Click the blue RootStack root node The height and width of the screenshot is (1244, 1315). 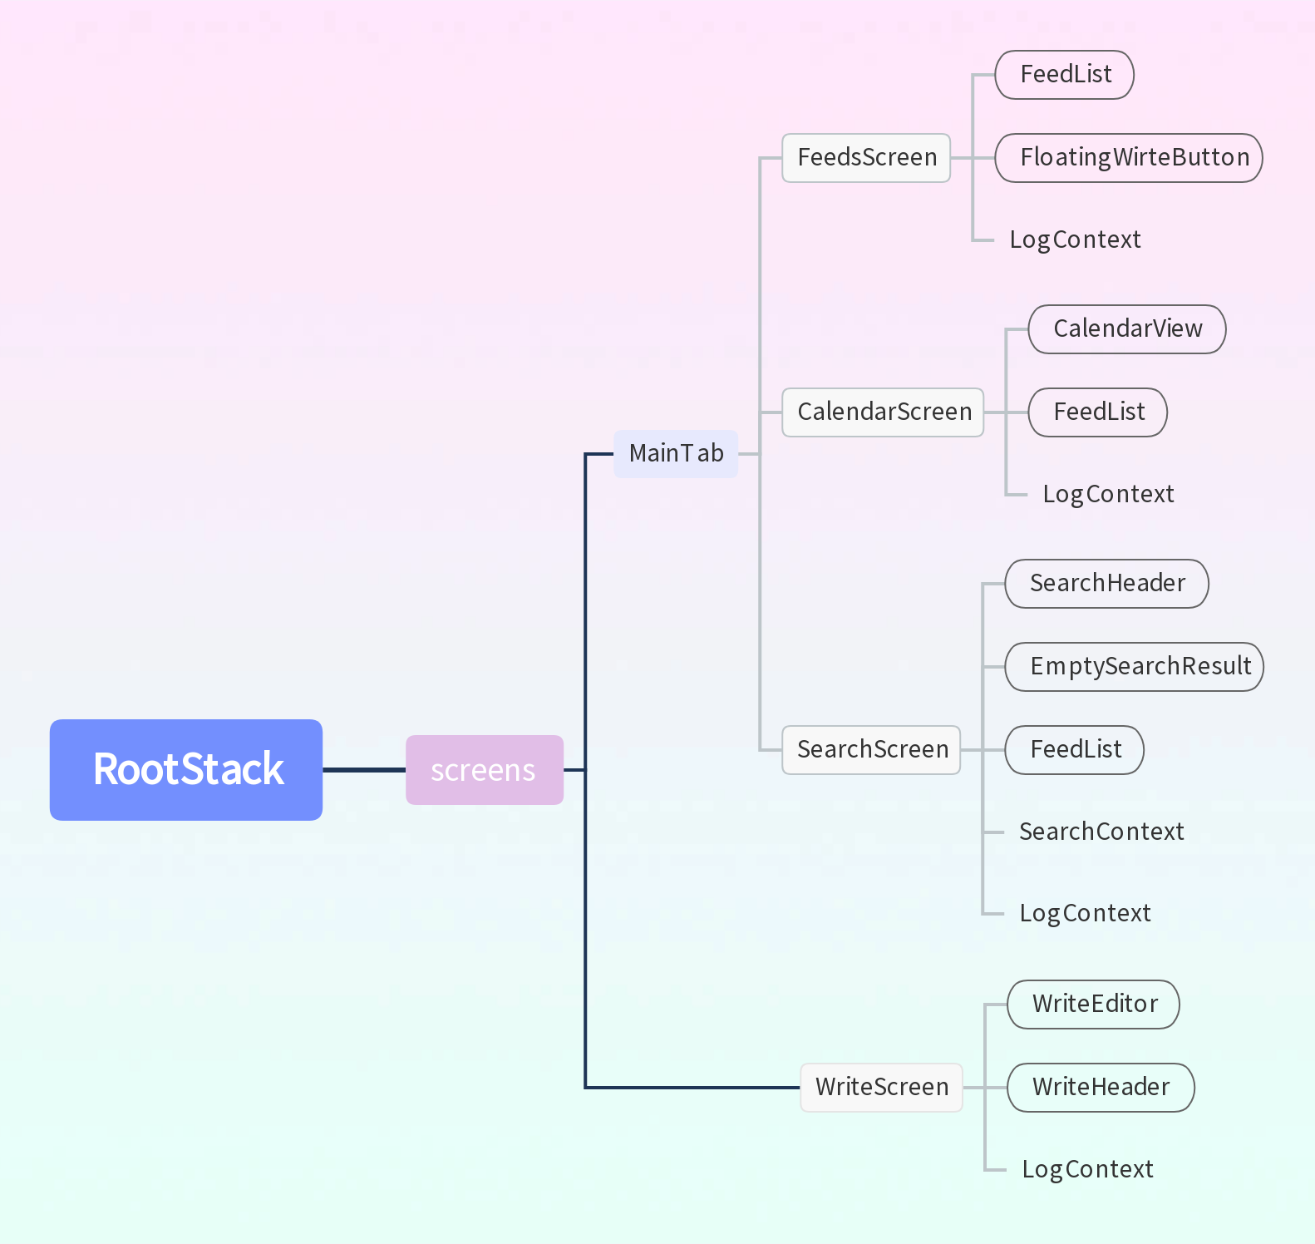pos(186,769)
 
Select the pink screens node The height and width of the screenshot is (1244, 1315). pos(484,770)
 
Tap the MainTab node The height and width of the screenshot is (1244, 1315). pos(675,454)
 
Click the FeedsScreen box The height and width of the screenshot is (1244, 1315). pos(865,158)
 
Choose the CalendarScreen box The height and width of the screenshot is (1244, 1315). pos(883,412)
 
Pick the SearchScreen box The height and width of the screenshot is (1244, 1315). pos(871,750)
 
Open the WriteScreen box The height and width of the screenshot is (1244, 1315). pos(881,1088)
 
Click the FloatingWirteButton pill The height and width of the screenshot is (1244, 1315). pos(1128,158)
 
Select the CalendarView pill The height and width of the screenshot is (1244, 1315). pos(1126,329)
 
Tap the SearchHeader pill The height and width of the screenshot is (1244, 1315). pos(1106,584)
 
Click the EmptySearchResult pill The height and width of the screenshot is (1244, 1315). pos(1134,667)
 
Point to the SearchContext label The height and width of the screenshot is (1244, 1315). pos(1101,832)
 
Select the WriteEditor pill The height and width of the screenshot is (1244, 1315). pos(1093,1005)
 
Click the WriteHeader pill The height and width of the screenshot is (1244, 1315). pos(1101,1088)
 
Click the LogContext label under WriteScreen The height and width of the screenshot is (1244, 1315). pos(1086,1169)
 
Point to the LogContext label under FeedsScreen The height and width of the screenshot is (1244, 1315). pos(1074,239)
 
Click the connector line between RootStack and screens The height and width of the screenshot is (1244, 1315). pos(364,770)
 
